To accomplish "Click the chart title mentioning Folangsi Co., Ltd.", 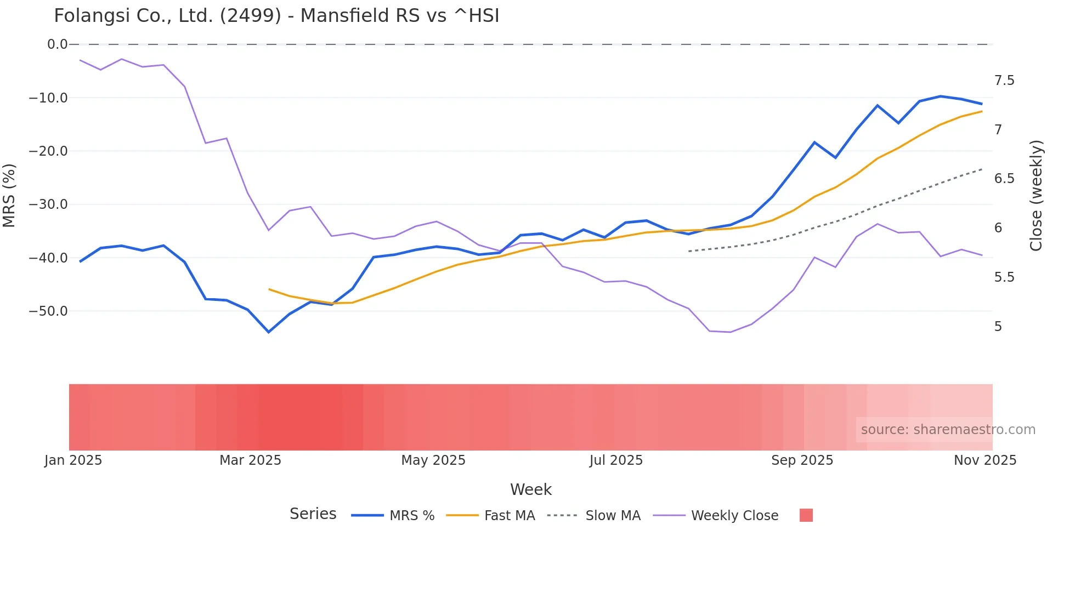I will pos(276,16).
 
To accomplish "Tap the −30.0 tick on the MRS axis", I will pos(48,204).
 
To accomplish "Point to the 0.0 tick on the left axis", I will pos(57,44).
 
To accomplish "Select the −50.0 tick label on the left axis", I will pos(48,311).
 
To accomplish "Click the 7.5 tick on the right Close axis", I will pos(1004,81).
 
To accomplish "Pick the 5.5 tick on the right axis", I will pos(1004,277).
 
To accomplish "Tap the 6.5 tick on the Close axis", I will pos(1004,179).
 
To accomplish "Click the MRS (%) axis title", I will pos(9,195).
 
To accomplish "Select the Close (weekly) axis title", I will pos(1036,195).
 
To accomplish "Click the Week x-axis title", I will pos(530,489).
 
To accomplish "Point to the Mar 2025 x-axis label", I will pos(250,460).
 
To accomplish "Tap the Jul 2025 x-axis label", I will pos(616,460).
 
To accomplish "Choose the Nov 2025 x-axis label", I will pos(985,460).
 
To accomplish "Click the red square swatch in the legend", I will pos(806,515).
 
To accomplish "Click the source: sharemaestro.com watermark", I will pos(947,430).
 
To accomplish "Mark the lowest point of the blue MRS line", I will pos(269,332).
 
